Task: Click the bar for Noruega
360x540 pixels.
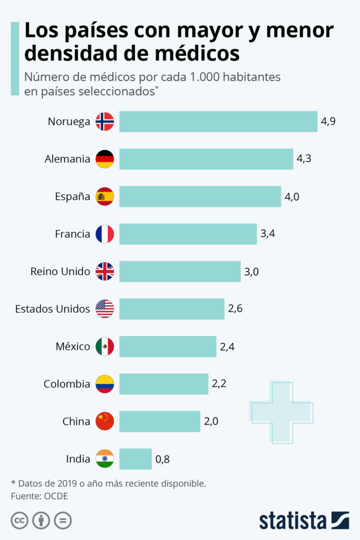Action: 218,121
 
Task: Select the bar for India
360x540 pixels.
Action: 135,459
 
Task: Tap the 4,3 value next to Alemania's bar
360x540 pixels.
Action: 304,159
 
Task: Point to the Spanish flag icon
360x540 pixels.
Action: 104,196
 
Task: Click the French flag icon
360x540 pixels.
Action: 104,234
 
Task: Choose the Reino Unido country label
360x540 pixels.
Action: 60,272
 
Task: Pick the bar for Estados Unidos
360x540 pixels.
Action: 172,309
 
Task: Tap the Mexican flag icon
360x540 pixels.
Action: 104,346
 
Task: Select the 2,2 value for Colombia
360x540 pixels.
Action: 219,384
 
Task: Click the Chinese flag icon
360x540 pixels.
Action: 104,421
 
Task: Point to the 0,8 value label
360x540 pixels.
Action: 162,459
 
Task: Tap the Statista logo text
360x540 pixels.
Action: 293,520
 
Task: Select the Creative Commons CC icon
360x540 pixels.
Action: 20,520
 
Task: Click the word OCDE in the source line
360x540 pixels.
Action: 57,496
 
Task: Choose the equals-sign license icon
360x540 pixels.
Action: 63,520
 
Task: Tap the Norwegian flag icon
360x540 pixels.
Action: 104,121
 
